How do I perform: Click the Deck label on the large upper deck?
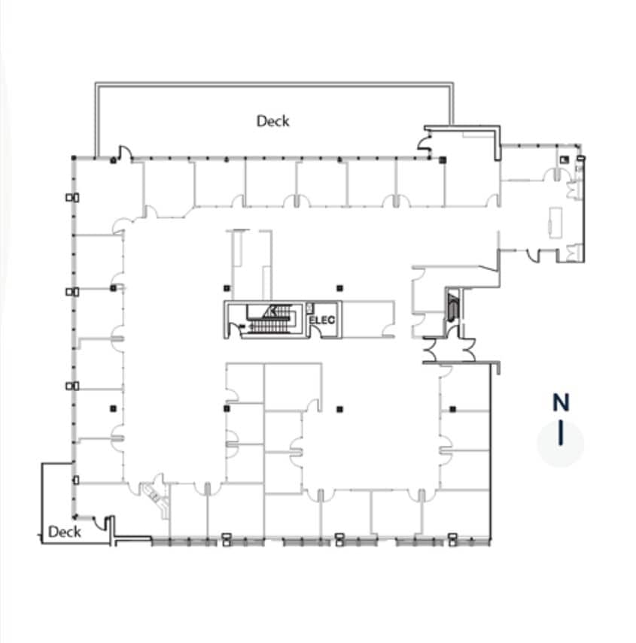click(x=272, y=120)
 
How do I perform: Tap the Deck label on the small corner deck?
click(x=64, y=532)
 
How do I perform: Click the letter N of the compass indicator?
click(x=561, y=402)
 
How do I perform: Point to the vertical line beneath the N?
click(x=561, y=434)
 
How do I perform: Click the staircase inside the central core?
click(x=269, y=320)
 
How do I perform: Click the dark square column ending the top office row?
click(x=443, y=159)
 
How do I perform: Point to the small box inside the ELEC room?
click(x=310, y=307)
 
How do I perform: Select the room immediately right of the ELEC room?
click(x=367, y=318)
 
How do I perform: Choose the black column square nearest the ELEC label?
click(x=340, y=287)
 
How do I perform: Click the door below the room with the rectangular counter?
click(x=533, y=256)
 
